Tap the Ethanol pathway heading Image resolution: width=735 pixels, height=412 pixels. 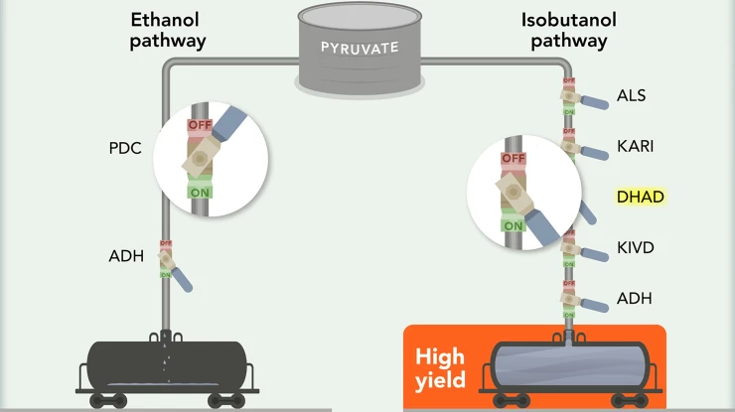(x=168, y=30)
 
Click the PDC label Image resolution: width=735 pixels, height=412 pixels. (x=126, y=149)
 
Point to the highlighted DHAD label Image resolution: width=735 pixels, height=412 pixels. (x=639, y=197)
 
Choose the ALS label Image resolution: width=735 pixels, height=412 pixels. (x=631, y=95)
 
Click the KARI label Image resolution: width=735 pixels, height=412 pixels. (x=635, y=146)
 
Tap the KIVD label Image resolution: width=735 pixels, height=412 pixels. (x=635, y=246)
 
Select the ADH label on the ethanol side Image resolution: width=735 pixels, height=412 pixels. (x=126, y=257)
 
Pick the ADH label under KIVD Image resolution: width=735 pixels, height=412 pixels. (x=634, y=298)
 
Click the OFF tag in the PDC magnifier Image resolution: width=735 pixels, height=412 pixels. (x=200, y=126)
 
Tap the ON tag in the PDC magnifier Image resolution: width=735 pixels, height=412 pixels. (x=199, y=191)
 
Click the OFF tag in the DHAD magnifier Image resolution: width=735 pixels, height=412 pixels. (x=513, y=158)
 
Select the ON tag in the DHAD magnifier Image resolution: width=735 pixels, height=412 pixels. (x=513, y=225)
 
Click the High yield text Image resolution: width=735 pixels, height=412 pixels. (x=440, y=367)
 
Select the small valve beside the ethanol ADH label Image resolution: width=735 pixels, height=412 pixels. (x=166, y=259)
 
